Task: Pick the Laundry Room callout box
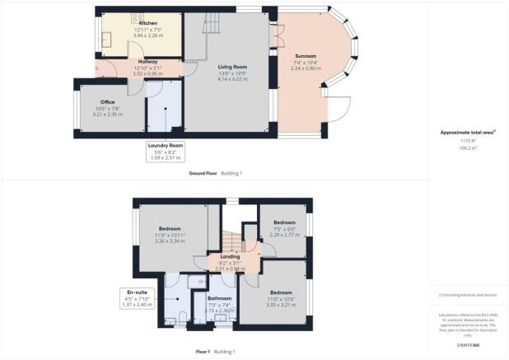click(x=166, y=151)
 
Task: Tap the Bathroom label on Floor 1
click(x=219, y=298)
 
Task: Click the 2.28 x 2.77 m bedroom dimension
click(x=284, y=235)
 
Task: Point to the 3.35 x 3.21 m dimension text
click(x=281, y=304)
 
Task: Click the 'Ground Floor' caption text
click(x=202, y=174)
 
